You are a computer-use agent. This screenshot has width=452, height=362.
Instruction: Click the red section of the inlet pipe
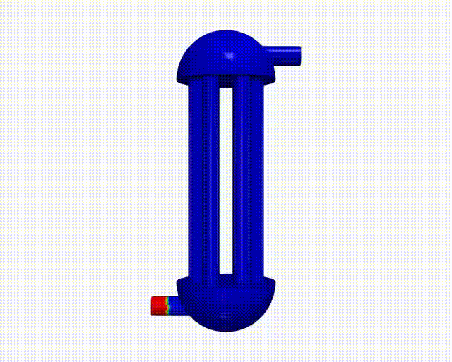point(157,305)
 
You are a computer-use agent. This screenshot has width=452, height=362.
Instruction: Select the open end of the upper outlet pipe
point(300,54)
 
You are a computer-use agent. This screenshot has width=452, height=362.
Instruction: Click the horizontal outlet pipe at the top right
point(286,54)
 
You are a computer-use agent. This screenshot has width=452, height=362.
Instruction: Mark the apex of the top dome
point(225,31)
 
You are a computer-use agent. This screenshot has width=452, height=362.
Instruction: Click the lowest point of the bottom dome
point(225,330)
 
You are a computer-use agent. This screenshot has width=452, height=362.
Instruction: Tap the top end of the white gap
point(226,88)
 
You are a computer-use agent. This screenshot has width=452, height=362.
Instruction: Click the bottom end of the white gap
point(226,273)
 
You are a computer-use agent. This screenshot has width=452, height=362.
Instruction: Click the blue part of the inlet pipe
point(174,306)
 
